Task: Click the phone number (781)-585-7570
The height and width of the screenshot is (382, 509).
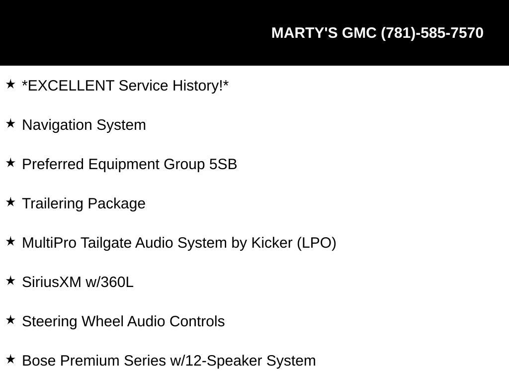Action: click(x=432, y=33)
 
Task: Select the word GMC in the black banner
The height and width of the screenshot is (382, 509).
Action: click(x=359, y=33)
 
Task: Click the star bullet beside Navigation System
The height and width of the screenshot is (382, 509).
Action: click(x=11, y=123)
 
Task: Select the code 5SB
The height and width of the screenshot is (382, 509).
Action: click(x=223, y=164)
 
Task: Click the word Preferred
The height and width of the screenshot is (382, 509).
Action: click(x=53, y=164)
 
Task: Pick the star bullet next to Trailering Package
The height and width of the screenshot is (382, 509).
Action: click(x=11, y=202)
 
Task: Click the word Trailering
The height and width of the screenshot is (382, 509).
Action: click(x=53, y=204)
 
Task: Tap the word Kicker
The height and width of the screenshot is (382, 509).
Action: click(x=272, y=243)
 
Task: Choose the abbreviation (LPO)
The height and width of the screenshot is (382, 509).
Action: click(x=317, y=243)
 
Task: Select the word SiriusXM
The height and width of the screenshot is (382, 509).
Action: click(x=52, y=283)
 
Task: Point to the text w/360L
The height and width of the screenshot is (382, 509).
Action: click(x=109, y=283)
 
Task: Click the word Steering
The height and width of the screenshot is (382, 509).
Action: click(x=50, y=322)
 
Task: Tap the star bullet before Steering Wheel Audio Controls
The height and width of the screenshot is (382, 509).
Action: click(x=11, y=320)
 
